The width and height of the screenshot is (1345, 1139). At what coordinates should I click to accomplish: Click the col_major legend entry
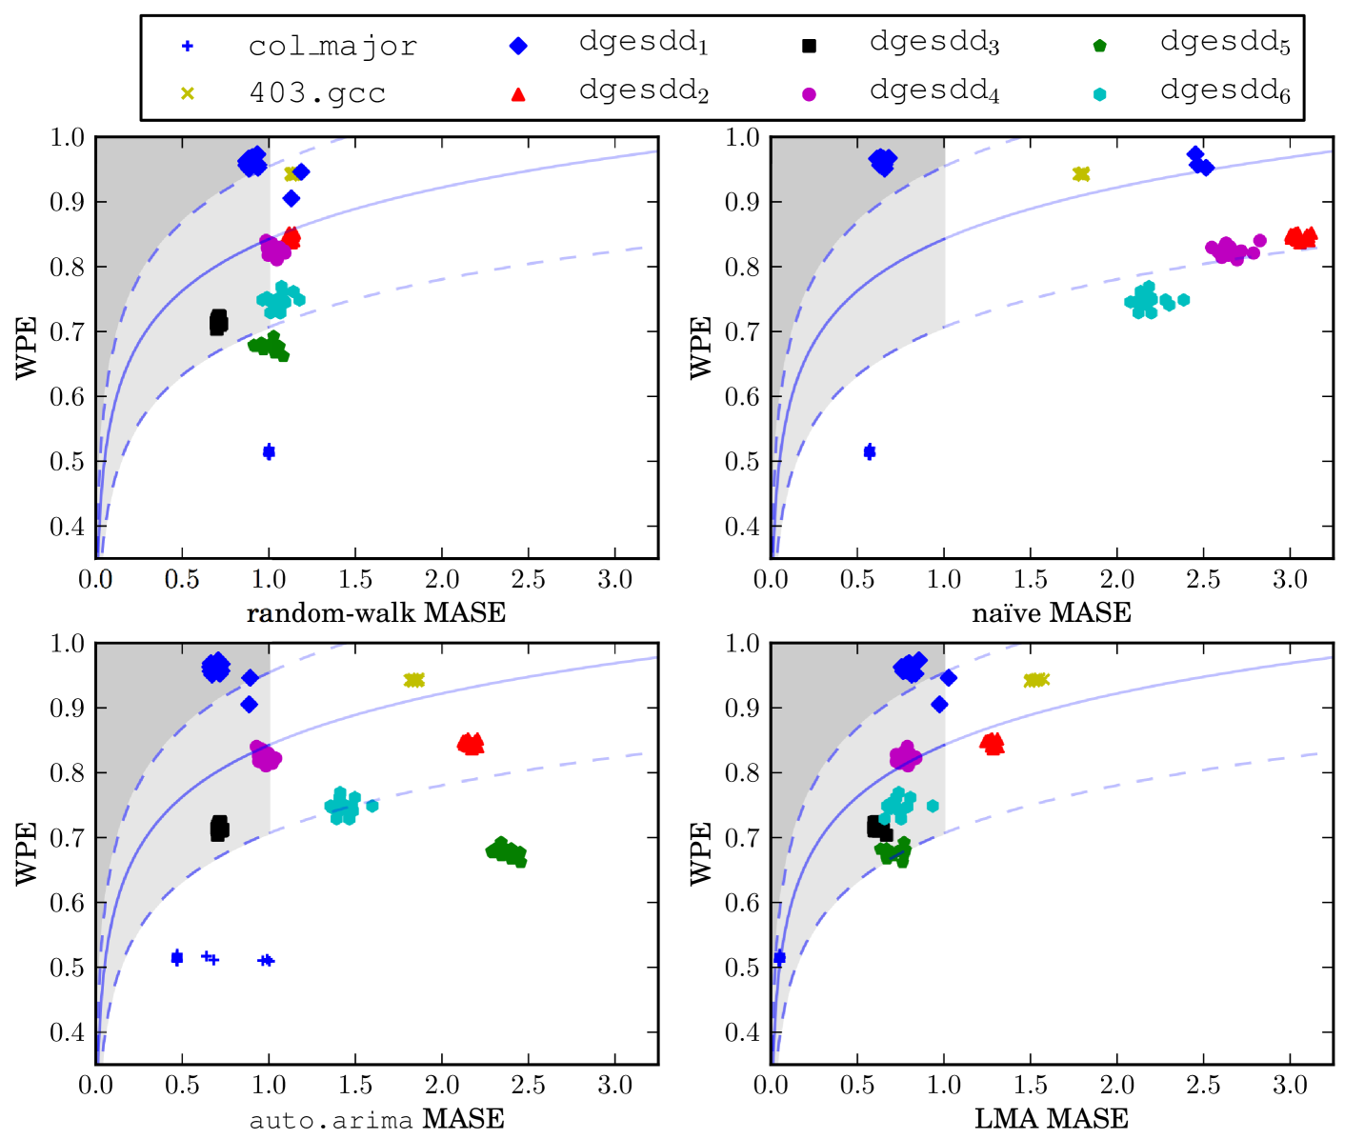coord(331,46)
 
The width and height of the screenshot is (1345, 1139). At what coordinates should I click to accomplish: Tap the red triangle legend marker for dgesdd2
coord(518,93)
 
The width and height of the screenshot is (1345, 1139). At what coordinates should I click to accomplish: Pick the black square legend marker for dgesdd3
coord(809,46)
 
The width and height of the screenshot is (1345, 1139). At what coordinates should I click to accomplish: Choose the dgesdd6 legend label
coord(1225,91)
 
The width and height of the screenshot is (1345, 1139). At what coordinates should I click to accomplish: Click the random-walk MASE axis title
coord(376,612)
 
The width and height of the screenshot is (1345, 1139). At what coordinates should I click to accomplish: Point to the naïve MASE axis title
coord(1051,612)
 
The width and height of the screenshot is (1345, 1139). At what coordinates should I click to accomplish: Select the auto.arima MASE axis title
coord(376,1119)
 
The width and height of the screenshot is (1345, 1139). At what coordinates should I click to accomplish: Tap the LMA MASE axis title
coord(1051,1119)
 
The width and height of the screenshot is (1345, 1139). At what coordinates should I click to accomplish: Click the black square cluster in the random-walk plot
coord(218,322)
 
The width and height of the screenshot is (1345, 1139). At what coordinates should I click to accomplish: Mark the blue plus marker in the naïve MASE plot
coord(870,451)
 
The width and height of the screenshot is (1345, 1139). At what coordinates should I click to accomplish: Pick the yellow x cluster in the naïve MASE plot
coord(1081,173)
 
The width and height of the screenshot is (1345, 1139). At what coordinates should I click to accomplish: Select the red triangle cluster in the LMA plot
coord(993,743)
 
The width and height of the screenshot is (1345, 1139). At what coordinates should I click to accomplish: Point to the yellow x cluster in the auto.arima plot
coord(413,680)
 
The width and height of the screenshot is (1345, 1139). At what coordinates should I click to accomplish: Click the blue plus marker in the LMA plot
coord(779,957)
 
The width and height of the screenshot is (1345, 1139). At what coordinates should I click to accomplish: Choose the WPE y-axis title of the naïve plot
coord(701,348)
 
